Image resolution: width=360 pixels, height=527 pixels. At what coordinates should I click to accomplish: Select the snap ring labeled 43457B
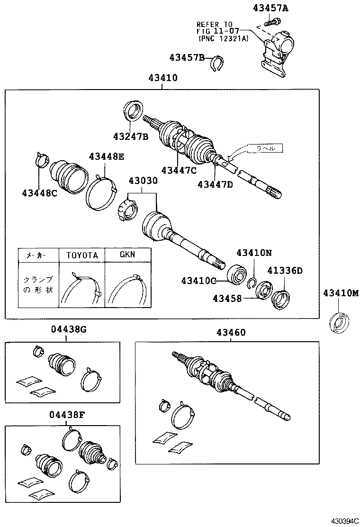click(x=217, y=62)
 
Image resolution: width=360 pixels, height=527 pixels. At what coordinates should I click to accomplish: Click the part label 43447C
click(x=179, y=170)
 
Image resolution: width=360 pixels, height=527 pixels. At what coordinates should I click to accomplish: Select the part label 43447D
click(x=216, y=184)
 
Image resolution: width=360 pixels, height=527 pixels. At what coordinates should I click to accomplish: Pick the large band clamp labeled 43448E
click(x=101, y=195)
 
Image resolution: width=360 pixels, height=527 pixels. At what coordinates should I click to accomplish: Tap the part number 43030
click(x=143, y=181)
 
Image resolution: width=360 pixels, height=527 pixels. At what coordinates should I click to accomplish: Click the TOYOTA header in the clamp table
click(x=81, y=255)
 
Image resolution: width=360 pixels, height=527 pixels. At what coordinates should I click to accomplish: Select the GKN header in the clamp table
click(x=126, y=254)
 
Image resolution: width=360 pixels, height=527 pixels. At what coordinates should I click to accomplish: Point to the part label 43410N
click(x=254, y=253)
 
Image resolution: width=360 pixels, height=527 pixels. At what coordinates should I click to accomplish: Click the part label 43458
click(x=227, y=298)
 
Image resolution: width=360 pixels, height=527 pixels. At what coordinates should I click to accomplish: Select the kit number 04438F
click(x=66, y=415)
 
